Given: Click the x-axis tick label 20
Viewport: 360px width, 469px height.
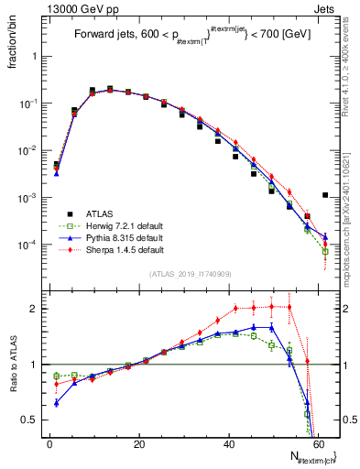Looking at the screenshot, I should point(139,443).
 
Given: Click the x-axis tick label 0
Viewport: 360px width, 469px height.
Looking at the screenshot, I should point(49,443).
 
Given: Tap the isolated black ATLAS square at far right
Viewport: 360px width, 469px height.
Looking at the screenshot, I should point(325,194).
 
